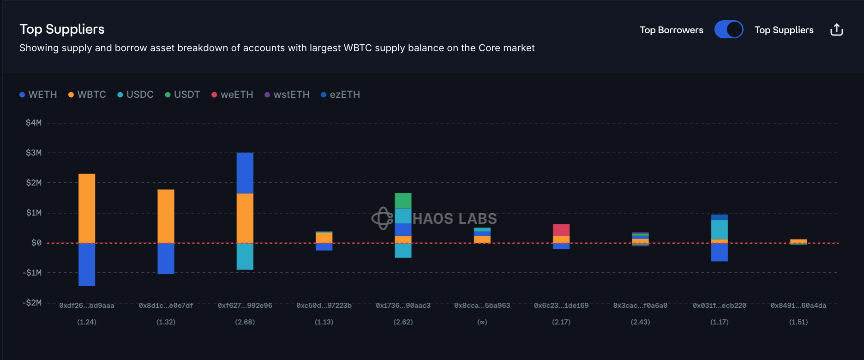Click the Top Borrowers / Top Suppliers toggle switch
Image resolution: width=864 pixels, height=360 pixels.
728,30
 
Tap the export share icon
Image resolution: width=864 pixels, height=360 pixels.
836,30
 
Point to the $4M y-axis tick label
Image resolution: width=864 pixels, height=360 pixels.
34,123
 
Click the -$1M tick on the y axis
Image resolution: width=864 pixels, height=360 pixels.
32,273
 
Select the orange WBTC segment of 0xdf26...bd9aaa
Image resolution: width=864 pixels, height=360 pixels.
87,208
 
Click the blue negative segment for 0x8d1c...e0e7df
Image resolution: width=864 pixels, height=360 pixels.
166,258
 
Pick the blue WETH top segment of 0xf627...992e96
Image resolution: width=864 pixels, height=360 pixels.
245,173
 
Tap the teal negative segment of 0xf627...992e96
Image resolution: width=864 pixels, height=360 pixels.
245,256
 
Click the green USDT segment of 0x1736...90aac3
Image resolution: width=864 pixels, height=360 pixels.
403,201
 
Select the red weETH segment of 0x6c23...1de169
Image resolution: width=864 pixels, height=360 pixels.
561,230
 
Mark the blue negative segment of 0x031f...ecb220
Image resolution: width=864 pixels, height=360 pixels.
719,252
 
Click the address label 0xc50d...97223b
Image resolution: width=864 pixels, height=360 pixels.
324,306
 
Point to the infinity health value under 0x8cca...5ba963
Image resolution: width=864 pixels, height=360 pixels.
482,322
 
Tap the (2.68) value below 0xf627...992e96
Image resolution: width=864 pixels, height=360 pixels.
245,322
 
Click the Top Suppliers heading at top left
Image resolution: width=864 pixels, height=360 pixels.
62,29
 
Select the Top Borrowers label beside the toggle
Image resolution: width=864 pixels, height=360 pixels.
671,30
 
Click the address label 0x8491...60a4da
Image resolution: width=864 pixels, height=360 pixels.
798,306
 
